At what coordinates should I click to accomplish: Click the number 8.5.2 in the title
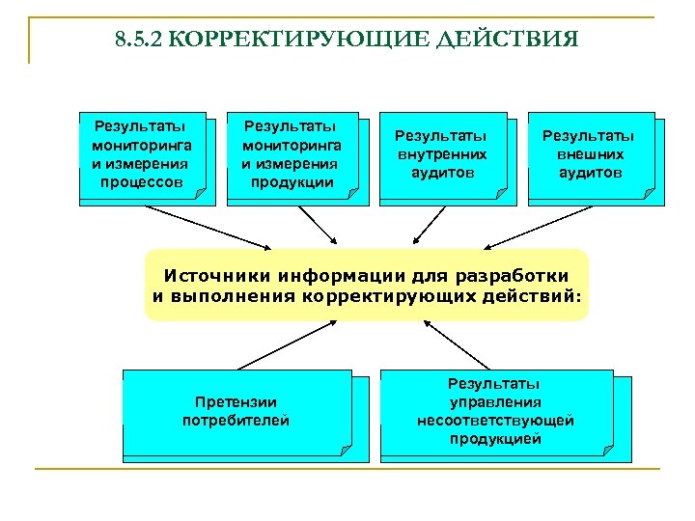(x=134, y=41)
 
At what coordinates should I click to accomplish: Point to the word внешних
(x=590, y=154)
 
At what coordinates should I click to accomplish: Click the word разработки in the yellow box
(x=515, y=274)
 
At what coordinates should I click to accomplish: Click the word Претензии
(x=236, y=401)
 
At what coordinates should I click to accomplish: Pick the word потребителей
(x=236, y=420)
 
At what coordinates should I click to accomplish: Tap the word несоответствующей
(x=495, y=421)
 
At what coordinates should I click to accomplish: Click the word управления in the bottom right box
(x=495, y=402)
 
